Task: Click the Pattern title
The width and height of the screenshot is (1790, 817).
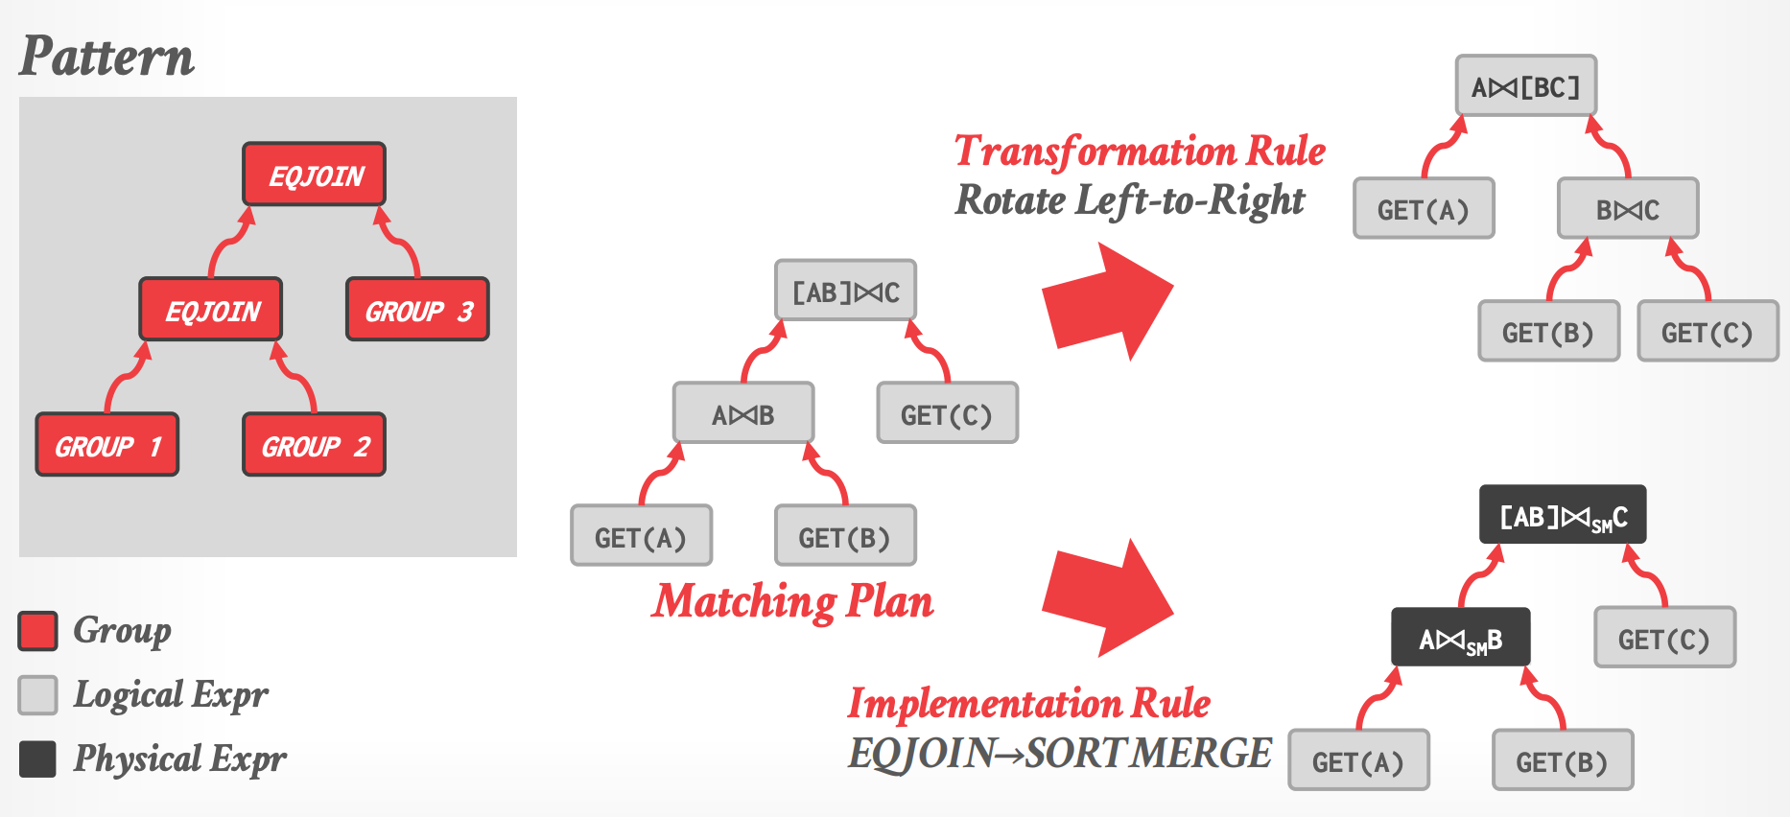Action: (106, 57)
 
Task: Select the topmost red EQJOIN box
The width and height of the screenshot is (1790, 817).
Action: (315, 175)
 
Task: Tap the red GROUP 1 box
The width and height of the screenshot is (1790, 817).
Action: (107, 445)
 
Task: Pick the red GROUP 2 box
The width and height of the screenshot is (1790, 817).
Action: (315, 445)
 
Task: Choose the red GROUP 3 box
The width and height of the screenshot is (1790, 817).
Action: (418, 310)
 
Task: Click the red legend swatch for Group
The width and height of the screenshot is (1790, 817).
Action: (38, 631)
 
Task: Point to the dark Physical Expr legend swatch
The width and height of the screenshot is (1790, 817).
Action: (38, 759)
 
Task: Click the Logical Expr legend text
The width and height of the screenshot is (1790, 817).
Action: (171, 694)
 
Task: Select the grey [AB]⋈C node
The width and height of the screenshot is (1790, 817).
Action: (845, 291)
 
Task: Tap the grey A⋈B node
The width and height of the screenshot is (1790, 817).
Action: (743, 413)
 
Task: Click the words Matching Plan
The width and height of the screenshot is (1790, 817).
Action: (792, 602)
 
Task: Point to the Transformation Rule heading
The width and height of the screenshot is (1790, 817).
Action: (1140, 152)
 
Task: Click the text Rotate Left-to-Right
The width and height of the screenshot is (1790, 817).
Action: (1130, 200)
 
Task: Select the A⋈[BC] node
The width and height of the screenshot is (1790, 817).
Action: (1525, 86)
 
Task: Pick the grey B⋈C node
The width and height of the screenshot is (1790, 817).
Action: (1628, 209)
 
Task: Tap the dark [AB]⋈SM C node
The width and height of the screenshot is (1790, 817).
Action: (1563, 516)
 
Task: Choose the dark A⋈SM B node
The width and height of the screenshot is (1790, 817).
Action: (1460, 638)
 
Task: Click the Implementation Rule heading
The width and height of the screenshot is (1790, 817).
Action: (1028, 703)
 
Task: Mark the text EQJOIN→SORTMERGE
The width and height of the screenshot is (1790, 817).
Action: (1059, 754)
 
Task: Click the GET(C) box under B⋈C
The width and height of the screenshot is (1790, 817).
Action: (1708, 332)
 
